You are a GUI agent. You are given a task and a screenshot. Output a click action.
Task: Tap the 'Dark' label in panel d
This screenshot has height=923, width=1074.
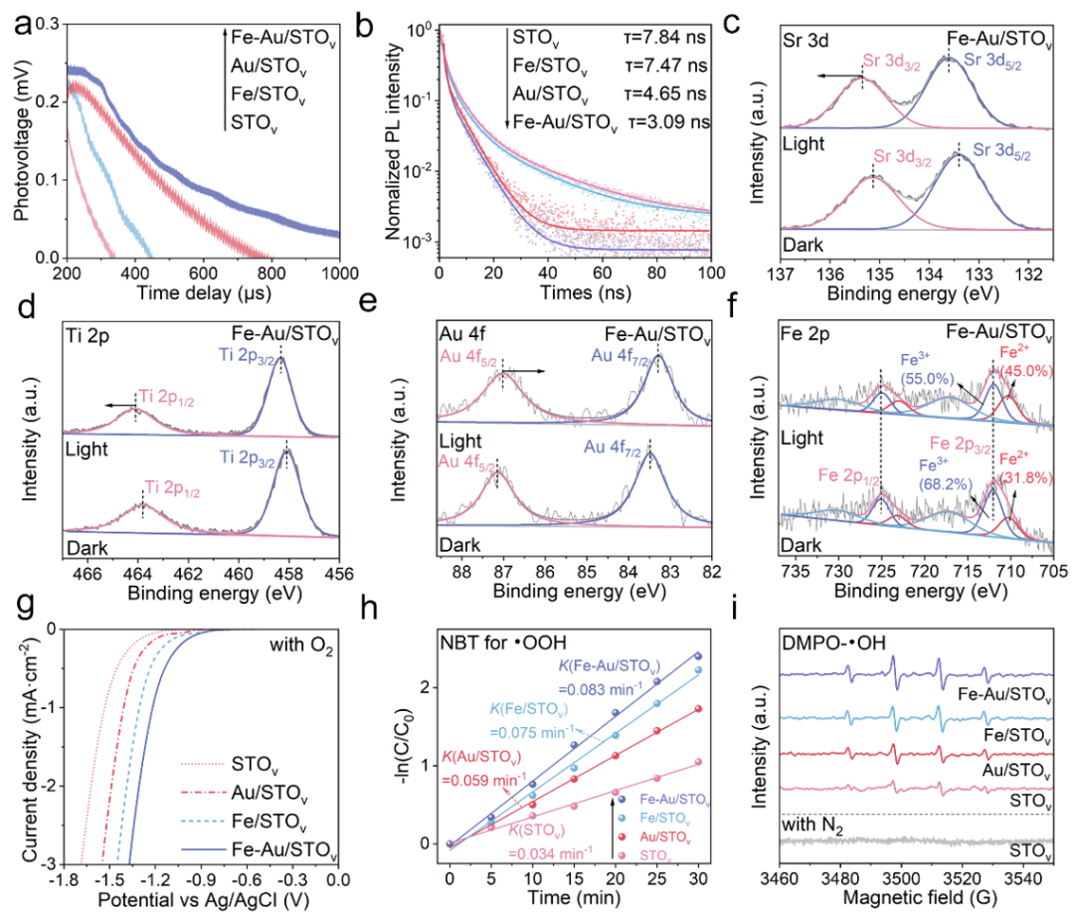pos(86,546)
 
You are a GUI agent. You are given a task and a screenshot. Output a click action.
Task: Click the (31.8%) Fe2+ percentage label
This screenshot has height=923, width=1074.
pos(1023,488)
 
